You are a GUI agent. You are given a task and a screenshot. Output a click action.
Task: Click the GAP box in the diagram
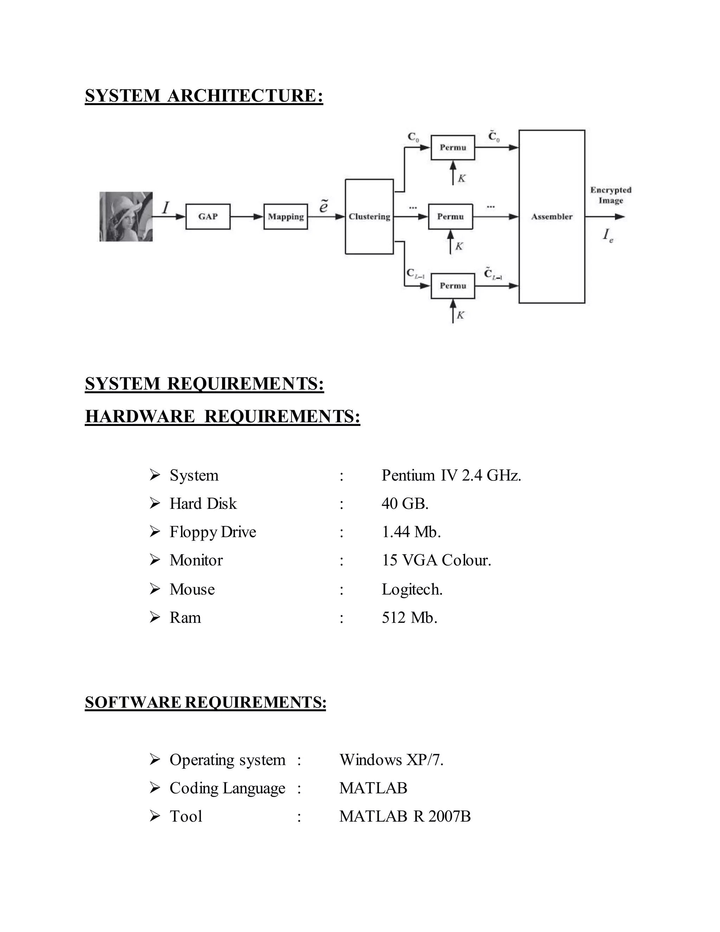[208, 217]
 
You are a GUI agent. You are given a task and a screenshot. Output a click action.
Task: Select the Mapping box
[285, 217]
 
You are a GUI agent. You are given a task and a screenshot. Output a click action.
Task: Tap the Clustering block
[369, 217]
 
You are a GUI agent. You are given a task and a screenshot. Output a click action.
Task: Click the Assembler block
[552, 217]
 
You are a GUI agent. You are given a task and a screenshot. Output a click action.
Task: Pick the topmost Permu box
[452, 148]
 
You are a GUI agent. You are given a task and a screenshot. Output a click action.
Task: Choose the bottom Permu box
[452, 286]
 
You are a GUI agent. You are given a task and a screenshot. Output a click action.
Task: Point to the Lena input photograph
[126, 217]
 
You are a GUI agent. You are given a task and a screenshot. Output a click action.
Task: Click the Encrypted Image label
[610, 195]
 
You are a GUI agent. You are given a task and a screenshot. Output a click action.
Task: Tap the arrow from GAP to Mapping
[246, 217]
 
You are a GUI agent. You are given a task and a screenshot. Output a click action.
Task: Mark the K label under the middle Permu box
[459, 247]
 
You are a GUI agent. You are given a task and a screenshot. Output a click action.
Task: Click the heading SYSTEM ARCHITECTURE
[204, 96]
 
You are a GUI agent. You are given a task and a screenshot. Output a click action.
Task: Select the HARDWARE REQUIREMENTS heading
[222, 416]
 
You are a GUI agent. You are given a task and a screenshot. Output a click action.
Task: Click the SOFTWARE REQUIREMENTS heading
[205, 702]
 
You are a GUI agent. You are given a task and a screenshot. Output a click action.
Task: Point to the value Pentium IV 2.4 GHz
[451, 475]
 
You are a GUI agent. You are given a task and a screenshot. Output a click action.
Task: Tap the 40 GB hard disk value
[405, 504]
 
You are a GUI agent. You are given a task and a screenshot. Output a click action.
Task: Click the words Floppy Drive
[212, 532]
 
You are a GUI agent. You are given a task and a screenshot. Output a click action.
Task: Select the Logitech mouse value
[412, 589]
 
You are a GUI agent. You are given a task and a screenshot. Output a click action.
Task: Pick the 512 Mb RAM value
[410, 618]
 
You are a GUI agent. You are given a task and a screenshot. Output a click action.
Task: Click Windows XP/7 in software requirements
[391, 760]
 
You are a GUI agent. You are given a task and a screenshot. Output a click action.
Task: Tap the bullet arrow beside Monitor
[155, 560]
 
